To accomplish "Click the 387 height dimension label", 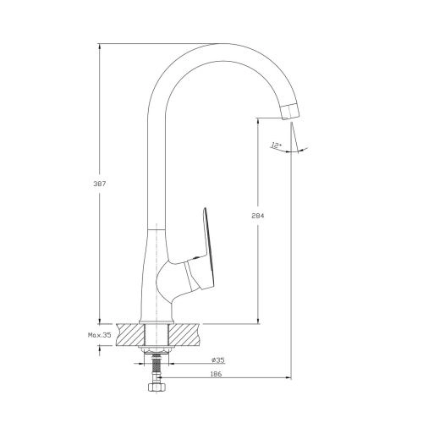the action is click(99, 184).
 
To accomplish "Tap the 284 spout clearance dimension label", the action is click(258, 216).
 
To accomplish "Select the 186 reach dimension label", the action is click(217, 374).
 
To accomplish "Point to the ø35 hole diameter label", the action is click(218, 360).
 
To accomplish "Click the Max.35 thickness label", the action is click(100, 335).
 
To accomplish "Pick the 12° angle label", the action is click(276, 146).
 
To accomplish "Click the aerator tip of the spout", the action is click(290, 112).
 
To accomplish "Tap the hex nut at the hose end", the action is click(157, 387).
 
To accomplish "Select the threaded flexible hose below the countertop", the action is click(156, 367).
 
